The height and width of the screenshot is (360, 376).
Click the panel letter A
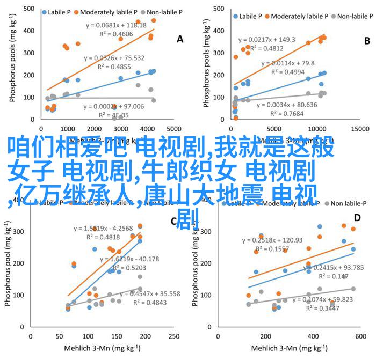pos(180,39)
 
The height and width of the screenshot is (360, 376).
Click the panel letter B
pos(367,40)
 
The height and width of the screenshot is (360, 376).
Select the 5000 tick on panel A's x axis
pos(174,129)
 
